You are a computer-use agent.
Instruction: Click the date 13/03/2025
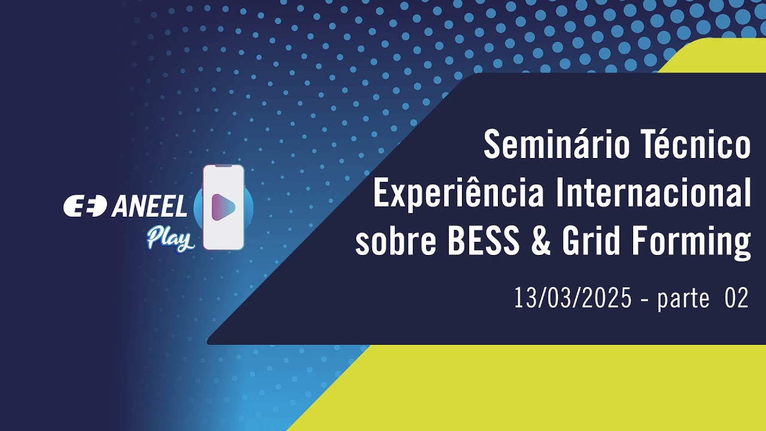(572, 298)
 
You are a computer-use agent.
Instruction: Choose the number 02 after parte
(737, 298)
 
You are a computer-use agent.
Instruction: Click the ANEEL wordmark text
(150, 207)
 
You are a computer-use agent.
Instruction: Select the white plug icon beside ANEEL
(85, 207)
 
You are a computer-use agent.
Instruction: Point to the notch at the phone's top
(223, 166)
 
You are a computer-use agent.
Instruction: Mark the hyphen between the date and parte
(644, 299)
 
